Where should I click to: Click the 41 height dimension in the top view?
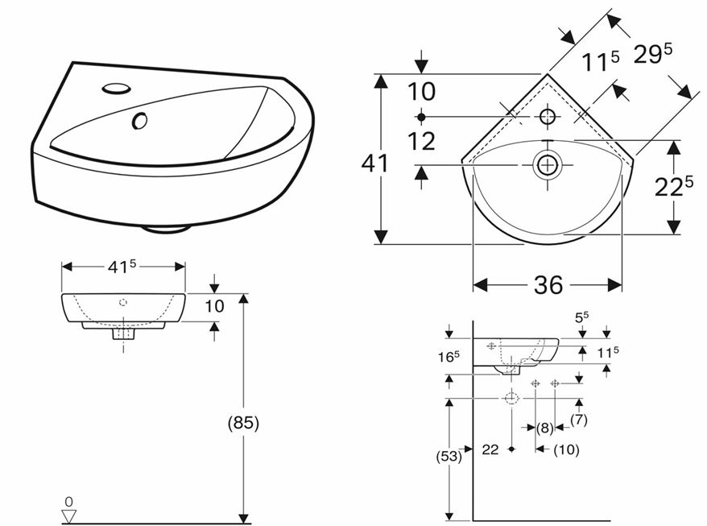tap(374, 164)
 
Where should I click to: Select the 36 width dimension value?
tap(548, 285)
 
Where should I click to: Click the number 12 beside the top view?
tap(421, 142)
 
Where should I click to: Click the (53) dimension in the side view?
tap(449, 456)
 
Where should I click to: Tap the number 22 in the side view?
tap(491, 449)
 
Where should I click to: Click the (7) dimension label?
tap(578, 420)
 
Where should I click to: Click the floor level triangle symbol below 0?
tap(68, 513)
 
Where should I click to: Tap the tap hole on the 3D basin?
tap(118, 87)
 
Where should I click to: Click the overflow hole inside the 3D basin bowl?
tap(140, 121)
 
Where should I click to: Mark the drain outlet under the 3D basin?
tap(167, 228)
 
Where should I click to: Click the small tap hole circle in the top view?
tap(548, 117)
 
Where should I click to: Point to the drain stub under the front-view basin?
tap(122, 332)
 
